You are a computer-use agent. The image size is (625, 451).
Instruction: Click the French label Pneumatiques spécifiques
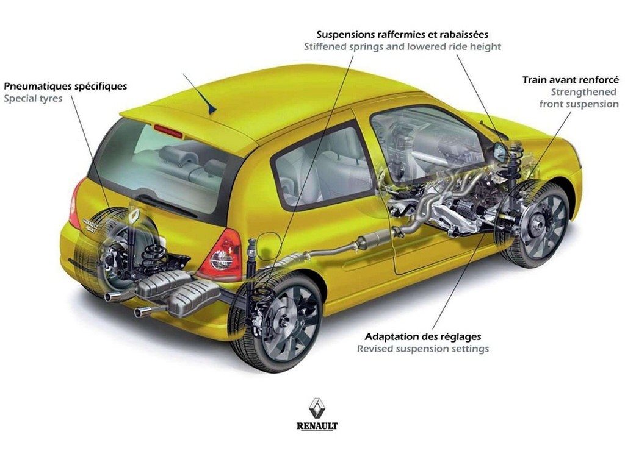click(x=65, y=87)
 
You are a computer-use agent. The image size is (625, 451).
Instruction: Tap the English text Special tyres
click(x=33, y=99)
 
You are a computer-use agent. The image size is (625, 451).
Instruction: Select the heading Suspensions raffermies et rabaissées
click(x=402, y=34)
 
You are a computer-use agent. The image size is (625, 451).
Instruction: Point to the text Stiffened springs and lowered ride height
click(x=402, y=46)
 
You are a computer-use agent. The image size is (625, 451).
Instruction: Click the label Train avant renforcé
click(x=571, y=80)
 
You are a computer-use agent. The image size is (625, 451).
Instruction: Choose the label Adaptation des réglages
click(x=423, y=337)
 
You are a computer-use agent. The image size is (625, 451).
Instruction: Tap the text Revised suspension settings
click(x=423, y=349)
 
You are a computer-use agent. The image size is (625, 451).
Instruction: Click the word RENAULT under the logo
click(x=317, y=426)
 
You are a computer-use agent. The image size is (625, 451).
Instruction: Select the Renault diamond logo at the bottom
click(x=317, y=408)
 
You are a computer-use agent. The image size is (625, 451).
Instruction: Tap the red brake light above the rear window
click(x=168, y=132)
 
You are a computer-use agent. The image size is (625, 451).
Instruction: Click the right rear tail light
click(x=221, y=255)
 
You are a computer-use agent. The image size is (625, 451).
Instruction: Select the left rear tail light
click(x=75, y=204)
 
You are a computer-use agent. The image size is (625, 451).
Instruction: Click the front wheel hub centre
click(x=538, y=224)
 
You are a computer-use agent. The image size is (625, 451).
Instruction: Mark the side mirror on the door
click(x=499, y=152)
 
